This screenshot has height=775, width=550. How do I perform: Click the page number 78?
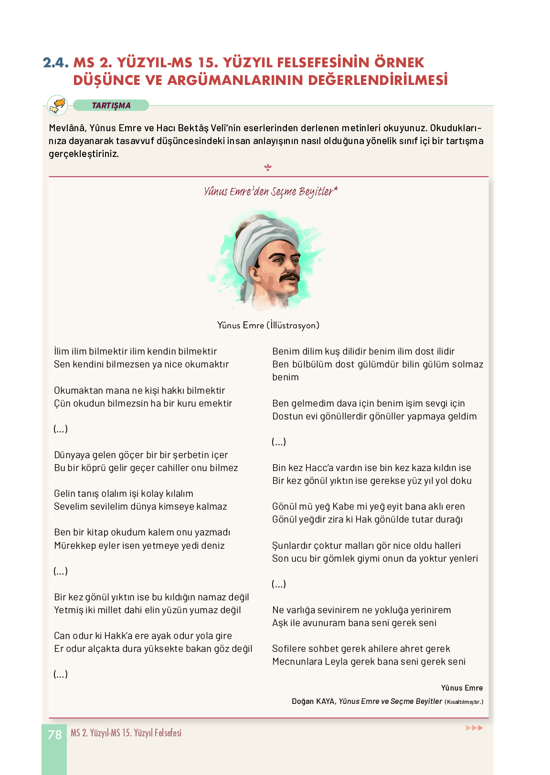tap(55, 734)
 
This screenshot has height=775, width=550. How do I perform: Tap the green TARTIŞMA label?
tap(111, 105)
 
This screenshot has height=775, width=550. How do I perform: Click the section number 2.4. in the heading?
tap(56, 63)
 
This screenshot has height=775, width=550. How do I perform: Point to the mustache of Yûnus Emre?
tap(289, 277)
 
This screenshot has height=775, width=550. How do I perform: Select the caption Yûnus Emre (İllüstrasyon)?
tap(268, 325)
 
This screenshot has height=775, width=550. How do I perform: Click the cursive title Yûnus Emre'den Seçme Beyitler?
tap(270, 191)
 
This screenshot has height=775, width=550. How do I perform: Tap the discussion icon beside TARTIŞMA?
tap(58, 105)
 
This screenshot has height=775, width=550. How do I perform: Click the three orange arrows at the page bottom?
tap(474, 728)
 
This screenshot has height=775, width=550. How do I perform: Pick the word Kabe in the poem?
tap(343, 506)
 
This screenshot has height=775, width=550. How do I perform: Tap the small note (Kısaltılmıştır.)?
tap(464, 702)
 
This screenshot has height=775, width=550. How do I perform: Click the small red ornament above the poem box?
tap(268, 168)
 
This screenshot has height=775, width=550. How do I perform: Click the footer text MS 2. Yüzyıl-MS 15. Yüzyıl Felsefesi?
tap(126, 733)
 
